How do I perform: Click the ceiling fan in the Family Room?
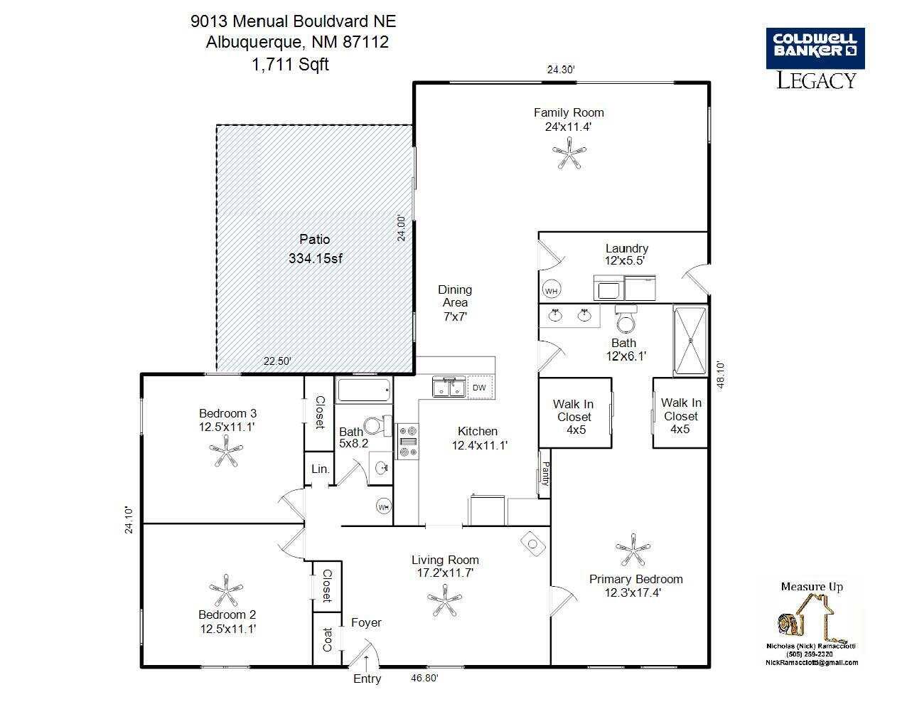tap(569, 154)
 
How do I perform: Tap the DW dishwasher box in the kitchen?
tap(480, 387)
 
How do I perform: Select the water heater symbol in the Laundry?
tap(551, 289)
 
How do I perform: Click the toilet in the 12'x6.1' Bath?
tap(626, 319)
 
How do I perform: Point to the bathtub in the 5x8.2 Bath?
tap(363, 389)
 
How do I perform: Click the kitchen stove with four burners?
tap(407, 441)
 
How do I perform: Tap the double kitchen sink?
tap(449, 386)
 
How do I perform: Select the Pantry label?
tap(545, 474)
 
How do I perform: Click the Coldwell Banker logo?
tap(815, 48)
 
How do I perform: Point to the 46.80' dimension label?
tap(424, 677)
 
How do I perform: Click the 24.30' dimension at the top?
tap(561, 69)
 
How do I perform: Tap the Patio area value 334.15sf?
tap(315, 258)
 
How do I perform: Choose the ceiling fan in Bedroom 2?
tap(226, 590)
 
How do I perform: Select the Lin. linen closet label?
tap(321, 469)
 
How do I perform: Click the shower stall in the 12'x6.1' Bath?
tap(690, 341)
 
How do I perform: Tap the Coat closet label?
tap(327, 639)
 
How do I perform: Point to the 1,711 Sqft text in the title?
tap(290, 64)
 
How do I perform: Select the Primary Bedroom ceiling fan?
tap(633, 550)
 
